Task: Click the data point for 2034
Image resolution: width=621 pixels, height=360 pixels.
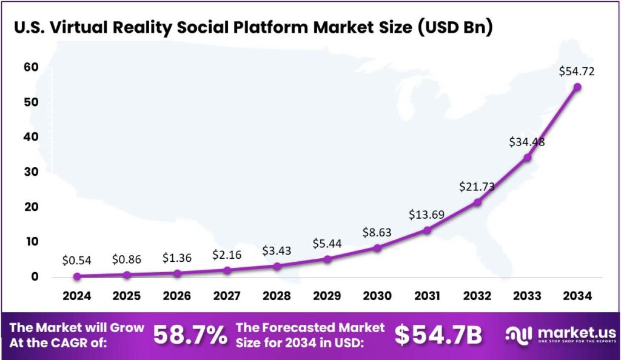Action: pos(577,87)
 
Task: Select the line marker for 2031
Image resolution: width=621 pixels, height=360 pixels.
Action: pos(427,230)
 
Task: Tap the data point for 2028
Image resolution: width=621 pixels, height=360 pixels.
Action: pos(277,266)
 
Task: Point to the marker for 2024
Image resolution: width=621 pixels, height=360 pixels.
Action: pos(77,276)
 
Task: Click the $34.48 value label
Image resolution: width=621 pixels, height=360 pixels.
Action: pos(527,142)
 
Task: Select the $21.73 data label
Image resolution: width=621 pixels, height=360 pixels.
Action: pos(477,187)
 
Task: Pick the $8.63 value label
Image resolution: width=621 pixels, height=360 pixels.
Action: pos(377,232)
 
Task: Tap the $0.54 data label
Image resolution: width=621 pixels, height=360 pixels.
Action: pos(77,260)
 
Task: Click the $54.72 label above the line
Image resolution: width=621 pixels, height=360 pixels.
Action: pos(577,72)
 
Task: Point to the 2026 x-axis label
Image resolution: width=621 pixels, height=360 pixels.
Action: pos(177,296)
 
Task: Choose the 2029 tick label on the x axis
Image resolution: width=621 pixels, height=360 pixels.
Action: pos(327,296)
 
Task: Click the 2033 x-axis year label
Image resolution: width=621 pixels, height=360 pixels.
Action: pos(527,296)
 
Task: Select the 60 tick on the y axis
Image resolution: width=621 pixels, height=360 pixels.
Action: pos(30,67)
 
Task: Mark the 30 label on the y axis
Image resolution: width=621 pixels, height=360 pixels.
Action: pos(30,172)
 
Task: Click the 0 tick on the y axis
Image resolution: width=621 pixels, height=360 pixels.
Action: pos(35,277)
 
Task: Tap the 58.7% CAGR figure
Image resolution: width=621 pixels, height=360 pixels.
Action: pos(190,335)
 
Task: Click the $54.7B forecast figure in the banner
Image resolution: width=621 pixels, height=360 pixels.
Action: pos(438,335)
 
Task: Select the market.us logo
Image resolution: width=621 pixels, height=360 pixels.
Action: pos(560,335)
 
